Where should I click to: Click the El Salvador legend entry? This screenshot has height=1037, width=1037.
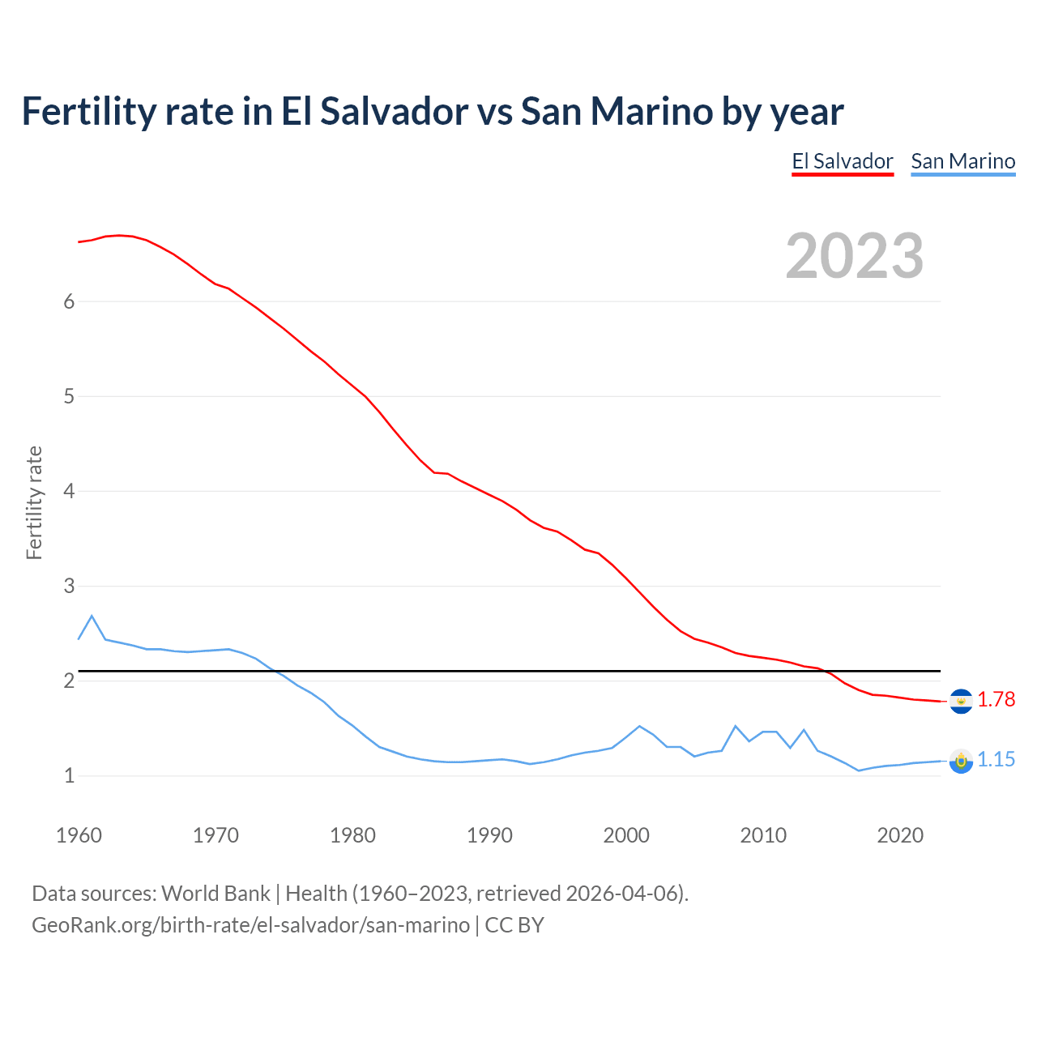(842, 161)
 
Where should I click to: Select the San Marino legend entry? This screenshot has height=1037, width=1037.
(962, 161)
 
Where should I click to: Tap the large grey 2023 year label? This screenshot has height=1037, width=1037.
(854, 256)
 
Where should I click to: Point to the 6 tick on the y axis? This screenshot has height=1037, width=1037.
(69, 301)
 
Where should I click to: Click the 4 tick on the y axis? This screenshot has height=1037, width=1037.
(69, 491)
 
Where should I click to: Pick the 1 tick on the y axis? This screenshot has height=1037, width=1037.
(69, 775)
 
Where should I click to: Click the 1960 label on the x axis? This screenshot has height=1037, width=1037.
(79, 835)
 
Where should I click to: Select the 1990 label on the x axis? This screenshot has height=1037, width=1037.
(489, 835)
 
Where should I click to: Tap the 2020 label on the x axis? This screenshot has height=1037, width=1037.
(900, 835)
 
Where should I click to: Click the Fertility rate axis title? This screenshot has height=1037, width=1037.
(34, 502)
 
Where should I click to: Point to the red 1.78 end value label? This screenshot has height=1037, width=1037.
(996, 699)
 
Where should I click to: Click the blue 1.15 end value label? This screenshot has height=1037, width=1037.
(996, 759)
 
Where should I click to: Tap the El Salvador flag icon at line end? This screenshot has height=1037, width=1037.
(961, 701)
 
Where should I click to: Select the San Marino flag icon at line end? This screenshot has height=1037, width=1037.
(961, 761)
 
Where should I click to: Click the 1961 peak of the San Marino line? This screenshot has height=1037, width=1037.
(92, 616)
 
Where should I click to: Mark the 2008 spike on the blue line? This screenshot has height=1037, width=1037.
(735, 726)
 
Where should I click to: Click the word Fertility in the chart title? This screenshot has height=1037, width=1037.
(89, 111)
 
